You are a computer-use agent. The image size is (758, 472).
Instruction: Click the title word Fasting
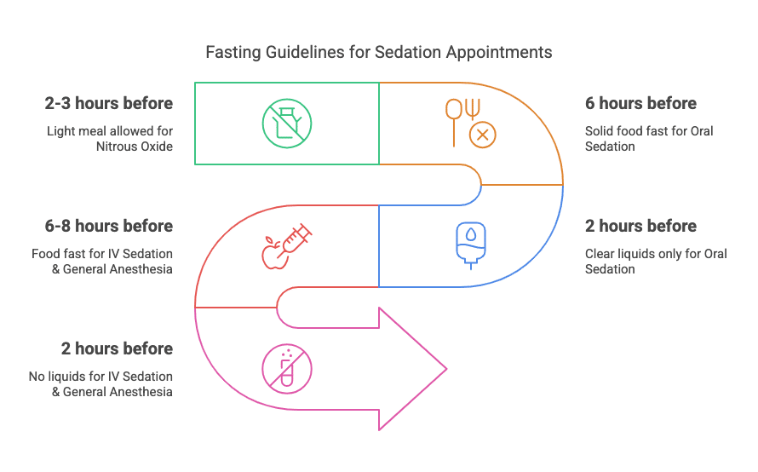pos(233,52)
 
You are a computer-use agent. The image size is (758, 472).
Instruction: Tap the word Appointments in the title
pos(504,52)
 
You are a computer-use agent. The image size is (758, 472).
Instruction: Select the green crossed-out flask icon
pos(287,123)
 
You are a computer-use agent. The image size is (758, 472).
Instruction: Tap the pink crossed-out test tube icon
pos(287,369)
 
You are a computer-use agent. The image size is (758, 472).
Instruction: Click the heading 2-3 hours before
pos(109,104)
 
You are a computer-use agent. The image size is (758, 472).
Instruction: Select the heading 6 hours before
pos(640,104)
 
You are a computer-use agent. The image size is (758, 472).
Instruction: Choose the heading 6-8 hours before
pos(109,227)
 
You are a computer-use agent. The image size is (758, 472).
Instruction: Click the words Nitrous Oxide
pos(134,147)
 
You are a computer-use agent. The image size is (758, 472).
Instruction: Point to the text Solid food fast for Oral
pos(649,131)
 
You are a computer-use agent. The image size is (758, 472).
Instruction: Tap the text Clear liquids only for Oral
pos(656,254)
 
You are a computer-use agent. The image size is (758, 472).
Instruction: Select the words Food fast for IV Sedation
pos(102,254)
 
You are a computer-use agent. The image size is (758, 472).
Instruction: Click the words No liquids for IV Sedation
pos(100,377)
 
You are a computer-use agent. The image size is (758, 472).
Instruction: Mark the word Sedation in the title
pos(391,52)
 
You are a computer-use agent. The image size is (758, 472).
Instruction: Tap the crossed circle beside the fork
pos(483,135)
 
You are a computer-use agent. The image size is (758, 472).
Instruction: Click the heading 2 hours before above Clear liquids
pos(640,227)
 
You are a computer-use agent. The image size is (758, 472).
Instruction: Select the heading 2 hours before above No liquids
pos(117,349)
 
